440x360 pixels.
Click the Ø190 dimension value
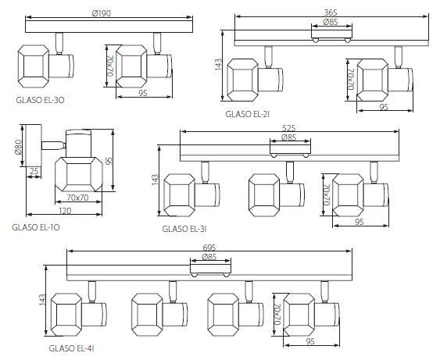(x=102, y=13)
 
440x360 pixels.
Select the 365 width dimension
(x=331, y=12)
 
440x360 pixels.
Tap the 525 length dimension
(x=289, y=128)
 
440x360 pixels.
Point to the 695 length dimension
(x=209, y=248)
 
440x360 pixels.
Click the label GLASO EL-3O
(x=40, y=100)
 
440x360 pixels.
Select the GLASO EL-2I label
(x=248, y=114)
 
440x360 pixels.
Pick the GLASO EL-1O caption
(x=36, y=227)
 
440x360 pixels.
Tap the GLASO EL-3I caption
(x=184, y=229)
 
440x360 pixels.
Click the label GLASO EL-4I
(x=71, y=348)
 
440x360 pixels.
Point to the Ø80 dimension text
(x=18, y=147)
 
